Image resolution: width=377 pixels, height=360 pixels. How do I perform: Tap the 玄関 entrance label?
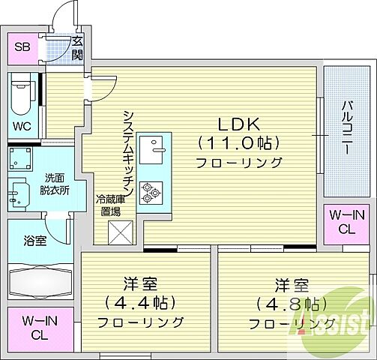(76, 47)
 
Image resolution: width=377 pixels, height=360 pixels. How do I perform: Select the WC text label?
(22, 126)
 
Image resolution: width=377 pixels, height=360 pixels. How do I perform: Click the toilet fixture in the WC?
(22, 95)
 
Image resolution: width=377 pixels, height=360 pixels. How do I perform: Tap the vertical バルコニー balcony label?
(347, 127)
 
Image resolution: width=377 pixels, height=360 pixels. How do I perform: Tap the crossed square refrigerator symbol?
(120, 232)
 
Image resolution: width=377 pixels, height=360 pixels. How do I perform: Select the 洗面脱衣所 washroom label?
(55, 184)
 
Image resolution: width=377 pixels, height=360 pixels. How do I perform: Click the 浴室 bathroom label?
(34, 241)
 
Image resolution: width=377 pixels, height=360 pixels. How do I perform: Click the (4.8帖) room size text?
(291, 304)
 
